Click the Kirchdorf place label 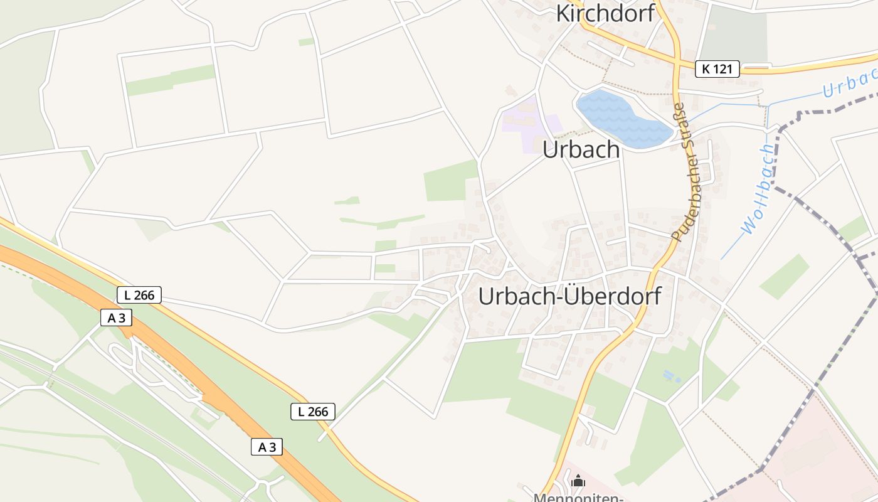tap(605, 13)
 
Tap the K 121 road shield tap(717, 69)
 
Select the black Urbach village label tap(581, 150)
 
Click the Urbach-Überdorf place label tap(569, 296)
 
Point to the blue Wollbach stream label tap(758, 189)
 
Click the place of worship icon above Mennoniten tap(578, 481)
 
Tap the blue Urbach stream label tap(850, 83)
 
